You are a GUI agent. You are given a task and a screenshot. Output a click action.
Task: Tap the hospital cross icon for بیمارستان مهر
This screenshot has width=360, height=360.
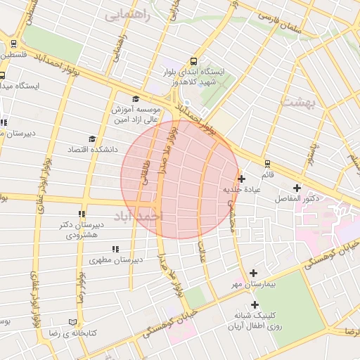click(x=254, y=273)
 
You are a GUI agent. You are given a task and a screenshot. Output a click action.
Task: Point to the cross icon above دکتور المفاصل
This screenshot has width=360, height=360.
click(x=297, y=188)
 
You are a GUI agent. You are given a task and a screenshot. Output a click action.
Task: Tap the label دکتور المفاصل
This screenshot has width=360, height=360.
click(x=297, y=199)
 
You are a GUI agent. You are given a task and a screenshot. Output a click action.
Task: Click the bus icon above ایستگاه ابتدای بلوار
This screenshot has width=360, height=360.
click(x=193, y=61)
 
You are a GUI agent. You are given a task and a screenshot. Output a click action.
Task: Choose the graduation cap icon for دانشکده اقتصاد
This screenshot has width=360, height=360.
click(x=91, y=139)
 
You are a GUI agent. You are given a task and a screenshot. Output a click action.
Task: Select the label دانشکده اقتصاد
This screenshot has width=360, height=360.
click(x=85, y=150)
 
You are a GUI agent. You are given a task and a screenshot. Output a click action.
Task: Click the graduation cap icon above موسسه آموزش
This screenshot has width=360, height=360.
click(x=136, y=99)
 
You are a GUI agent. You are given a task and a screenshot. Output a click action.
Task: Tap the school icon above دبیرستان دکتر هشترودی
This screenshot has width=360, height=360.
click(x=82, y=214)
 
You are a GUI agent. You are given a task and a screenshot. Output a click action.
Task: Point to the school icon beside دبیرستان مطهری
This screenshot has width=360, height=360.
click(x=115, y=249)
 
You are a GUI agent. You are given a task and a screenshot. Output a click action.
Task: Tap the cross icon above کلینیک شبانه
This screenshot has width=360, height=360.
click(x=255, y=304)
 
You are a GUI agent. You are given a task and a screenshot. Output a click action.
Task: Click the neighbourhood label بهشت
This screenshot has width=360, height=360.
click(x=301, y=103)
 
